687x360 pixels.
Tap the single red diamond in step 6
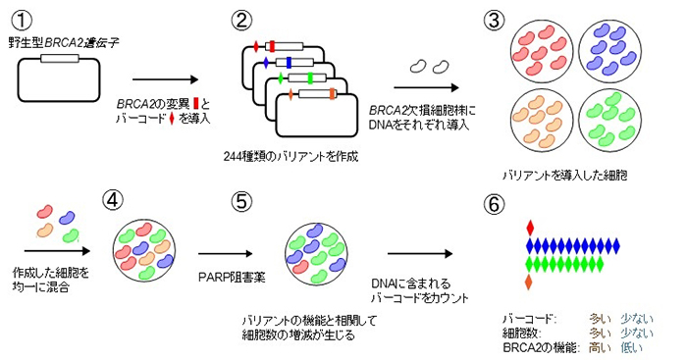[531, 228]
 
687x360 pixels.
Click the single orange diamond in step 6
[531, 283]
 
